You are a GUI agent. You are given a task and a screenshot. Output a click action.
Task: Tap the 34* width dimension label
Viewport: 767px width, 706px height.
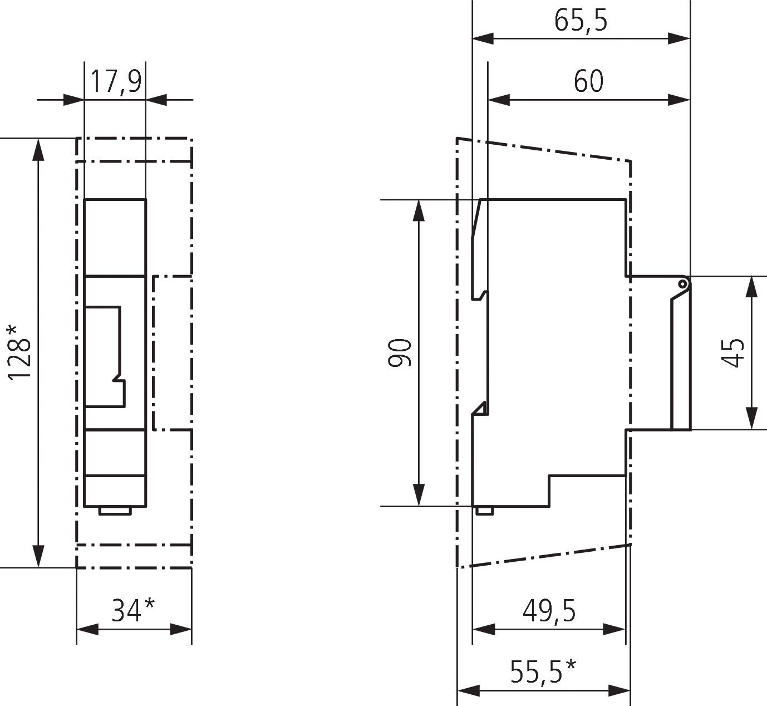pyautogui.click(x=134, y=610)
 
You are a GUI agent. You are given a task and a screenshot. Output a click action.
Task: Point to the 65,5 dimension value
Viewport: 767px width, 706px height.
pyautogui.click(x=581, y=21)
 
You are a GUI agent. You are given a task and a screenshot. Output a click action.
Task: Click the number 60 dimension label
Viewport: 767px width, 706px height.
pyautogui.click(x=588, y=82)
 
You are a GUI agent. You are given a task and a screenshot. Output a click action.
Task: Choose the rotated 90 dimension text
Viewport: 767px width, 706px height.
pyautogui.click(x=400, y=352)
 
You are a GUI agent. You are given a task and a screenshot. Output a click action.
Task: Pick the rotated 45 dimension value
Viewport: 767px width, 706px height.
pyautogui.click(x=732, y=352)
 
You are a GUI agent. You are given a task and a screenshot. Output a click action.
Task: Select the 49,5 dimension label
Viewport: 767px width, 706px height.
pyautogui.click(x=549, y=611)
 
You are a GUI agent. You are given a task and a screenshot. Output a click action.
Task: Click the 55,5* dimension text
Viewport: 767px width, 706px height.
pyautogui.click(x=543, y=672)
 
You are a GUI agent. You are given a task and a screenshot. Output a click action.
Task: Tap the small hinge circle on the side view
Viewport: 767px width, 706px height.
pyautogui.click(x=683, y=284)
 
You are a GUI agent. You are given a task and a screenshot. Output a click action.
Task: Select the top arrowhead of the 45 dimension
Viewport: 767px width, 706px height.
pyautogui.click(x=752, y=287)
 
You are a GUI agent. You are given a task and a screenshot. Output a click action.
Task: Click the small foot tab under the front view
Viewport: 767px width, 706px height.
pyautogui.click(x=115, y=511)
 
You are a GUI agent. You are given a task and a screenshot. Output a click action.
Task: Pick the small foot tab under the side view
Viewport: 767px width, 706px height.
pyautogui.click(x=484, y=510)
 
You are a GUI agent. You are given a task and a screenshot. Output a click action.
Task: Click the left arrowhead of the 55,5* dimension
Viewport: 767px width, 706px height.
pyautogui.click(x=468, y=692)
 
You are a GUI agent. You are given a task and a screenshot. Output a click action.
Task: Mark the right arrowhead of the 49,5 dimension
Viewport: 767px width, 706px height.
pyautogui.click(x=615, y=630)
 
